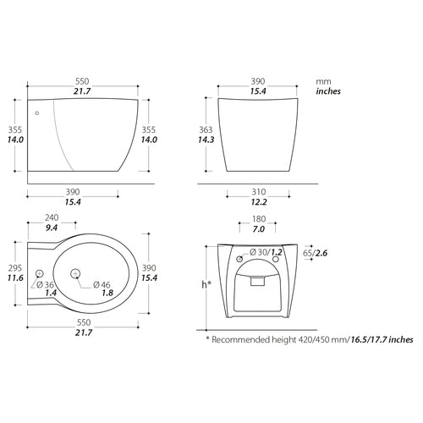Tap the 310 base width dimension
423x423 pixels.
click(258, 192)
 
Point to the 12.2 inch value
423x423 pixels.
click(258, 203)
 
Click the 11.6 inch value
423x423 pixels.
click(14, 277)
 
